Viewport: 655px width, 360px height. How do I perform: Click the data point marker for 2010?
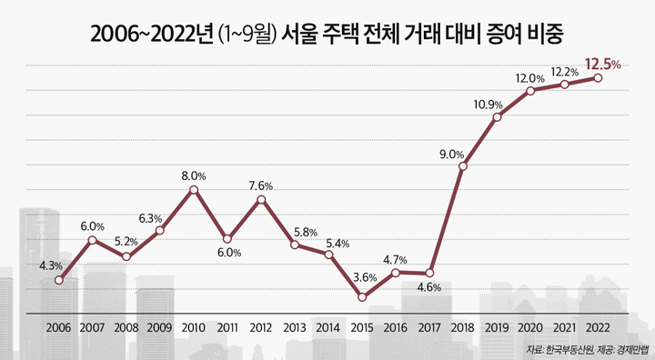point(194,190)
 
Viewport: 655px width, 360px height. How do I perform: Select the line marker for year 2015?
point(362,297)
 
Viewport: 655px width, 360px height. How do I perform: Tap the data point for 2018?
point(463,166)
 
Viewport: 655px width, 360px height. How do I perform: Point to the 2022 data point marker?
point(598,78)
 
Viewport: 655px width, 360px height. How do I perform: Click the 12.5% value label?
point(602,64)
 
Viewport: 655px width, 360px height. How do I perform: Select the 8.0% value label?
point(194,175)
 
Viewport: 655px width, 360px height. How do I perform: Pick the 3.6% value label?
point(365,278)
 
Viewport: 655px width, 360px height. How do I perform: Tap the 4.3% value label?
point(51,265)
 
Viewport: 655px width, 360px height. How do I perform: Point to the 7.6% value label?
point(260,185)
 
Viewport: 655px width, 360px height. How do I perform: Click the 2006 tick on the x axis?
point(58,327)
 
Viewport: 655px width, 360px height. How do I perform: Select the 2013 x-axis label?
point(294,327)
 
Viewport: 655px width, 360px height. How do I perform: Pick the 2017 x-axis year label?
point(428,327)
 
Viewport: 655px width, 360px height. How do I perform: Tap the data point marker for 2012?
point(261,198)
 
